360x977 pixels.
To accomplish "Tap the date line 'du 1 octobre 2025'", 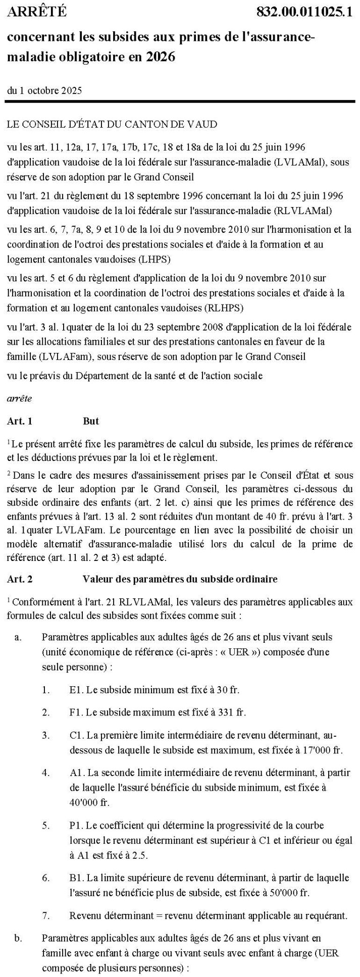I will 45,91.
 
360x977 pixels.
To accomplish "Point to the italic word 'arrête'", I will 20,398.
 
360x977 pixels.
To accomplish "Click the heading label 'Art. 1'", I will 20,421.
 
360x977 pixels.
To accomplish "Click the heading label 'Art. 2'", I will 20,579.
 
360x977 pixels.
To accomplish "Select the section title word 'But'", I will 91,421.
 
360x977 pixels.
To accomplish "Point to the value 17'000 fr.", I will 324,749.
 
